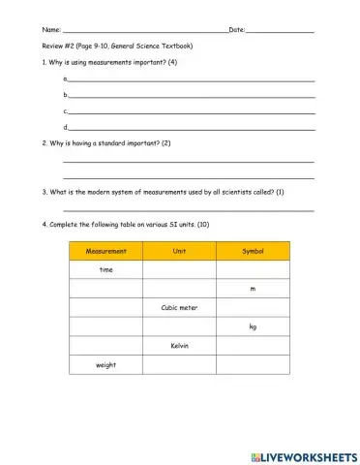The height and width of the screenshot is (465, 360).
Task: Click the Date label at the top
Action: (x=236, y=31)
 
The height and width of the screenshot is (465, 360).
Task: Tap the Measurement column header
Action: (x=106, y=251)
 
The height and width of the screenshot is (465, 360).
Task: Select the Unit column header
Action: (x=179, y=251)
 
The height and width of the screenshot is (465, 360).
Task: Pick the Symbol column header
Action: (x=253, y=251)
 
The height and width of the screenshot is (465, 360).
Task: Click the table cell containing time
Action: (x=106, y=270)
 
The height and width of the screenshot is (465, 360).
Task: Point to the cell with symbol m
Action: (x=253, y=289)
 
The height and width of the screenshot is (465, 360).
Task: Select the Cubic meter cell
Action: (x=179, y=307)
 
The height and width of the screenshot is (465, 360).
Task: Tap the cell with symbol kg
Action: (x=253, y=326)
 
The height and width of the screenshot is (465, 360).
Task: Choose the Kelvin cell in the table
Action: (x=179, y=345)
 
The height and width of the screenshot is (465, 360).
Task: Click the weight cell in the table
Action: (x=106, y=364)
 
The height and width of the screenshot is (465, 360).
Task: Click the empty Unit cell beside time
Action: (x=179, y=270)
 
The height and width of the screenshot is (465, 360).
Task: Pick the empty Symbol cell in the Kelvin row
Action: (x=253, y=345)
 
